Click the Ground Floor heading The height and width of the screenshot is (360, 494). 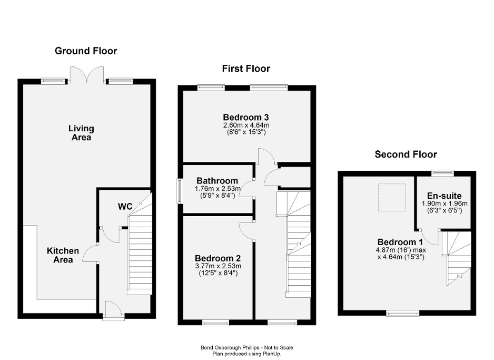point(86,51)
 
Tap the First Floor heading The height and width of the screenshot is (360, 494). point(245,69)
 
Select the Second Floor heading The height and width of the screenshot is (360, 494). point(406,154)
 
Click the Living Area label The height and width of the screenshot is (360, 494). point(81,133)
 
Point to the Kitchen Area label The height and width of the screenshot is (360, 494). point(63,255)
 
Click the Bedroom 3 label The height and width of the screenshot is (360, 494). point(246,117)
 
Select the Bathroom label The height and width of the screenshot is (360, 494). point(217,181)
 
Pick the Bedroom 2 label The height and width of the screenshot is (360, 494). point(218,258)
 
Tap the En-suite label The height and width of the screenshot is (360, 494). point(444,196)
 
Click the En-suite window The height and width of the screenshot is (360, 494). point(442,172)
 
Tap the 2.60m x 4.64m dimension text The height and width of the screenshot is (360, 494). point(246,125)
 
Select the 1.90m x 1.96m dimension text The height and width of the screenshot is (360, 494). point(444,203)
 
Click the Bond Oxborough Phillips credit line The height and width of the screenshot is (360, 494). point(246,347)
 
